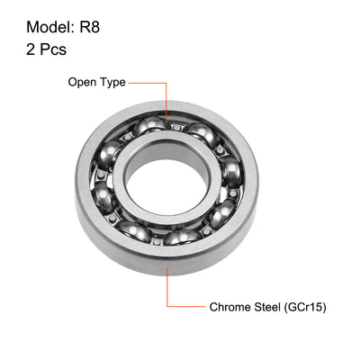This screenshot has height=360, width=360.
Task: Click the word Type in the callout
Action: (112, 82)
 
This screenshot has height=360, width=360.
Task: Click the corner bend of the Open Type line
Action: (166, 82)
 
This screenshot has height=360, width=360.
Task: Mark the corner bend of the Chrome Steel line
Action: (166, 307)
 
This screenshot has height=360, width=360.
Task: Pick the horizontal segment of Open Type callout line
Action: (148, 82)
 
